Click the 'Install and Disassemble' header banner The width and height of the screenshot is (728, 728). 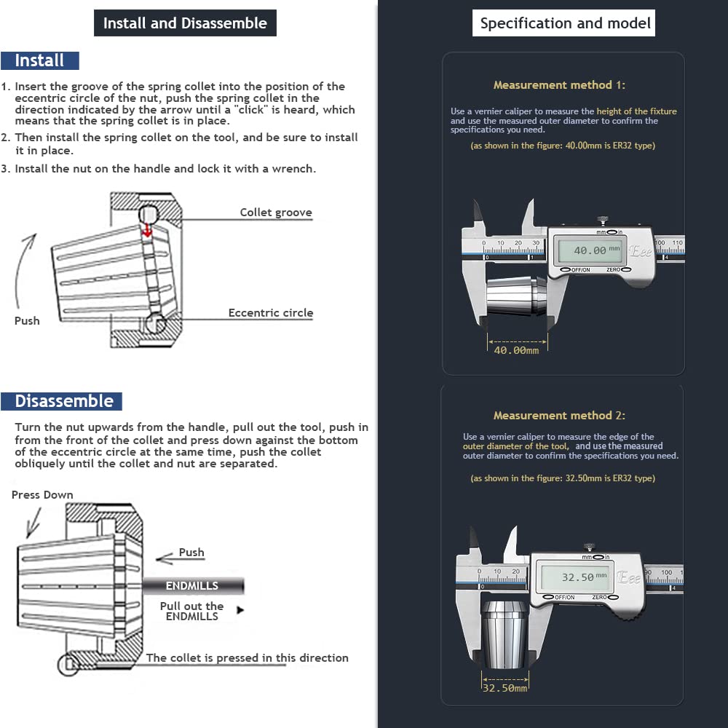[185, 23]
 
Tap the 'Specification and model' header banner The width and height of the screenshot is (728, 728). [565, 23]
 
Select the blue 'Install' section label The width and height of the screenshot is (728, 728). [40, 60]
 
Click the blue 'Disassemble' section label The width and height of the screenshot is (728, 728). [64, 401]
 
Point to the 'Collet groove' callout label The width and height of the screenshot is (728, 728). [276, 213]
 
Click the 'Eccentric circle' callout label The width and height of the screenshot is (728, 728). [270, 313]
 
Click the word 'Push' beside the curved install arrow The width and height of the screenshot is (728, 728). [27, 320]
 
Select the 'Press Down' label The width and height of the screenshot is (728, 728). [42, 495]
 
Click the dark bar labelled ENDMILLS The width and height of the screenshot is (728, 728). [192, 585]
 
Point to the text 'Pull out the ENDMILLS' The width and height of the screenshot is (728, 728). [192, 612]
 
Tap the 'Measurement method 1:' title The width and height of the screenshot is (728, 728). [559, 85]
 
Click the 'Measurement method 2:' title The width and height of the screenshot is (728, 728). [559, 416]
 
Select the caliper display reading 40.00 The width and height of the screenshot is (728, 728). [590, 250]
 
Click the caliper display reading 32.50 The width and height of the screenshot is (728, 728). [579, 577]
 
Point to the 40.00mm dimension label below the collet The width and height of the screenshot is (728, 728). [517, 350]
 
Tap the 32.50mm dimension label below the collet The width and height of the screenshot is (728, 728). [505, 687]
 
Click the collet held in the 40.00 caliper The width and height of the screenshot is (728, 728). [515, 296]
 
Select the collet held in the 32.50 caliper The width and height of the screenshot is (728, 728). [504, 629]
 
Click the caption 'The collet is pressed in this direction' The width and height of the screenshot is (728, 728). [247, 658]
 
